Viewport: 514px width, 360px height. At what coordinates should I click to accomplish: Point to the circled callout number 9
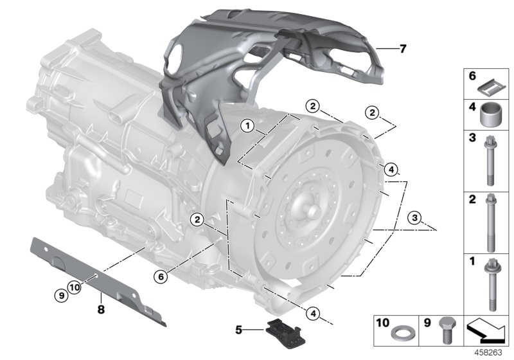60,296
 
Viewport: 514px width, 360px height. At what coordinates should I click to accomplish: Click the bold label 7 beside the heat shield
402,48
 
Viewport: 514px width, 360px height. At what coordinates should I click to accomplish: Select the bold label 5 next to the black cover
239,331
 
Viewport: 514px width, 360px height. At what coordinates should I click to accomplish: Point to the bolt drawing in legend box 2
490,222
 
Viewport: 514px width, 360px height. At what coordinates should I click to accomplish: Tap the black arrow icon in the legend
486,332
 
